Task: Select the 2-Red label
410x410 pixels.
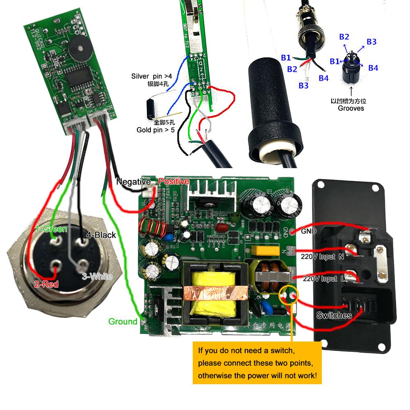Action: click(46, 284)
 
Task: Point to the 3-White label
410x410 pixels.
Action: click(97, 277)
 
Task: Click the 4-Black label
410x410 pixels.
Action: click(101, 235)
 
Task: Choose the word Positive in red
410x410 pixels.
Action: click(174, 181)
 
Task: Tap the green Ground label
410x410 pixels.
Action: click(123, 321)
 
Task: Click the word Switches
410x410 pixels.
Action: click(334, 315)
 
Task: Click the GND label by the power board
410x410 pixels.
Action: click(308, 231)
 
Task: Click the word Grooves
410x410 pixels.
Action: click(351, 108)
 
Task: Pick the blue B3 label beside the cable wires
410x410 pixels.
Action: click(303, 85)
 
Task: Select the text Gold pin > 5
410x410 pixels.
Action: click(156, 130)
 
